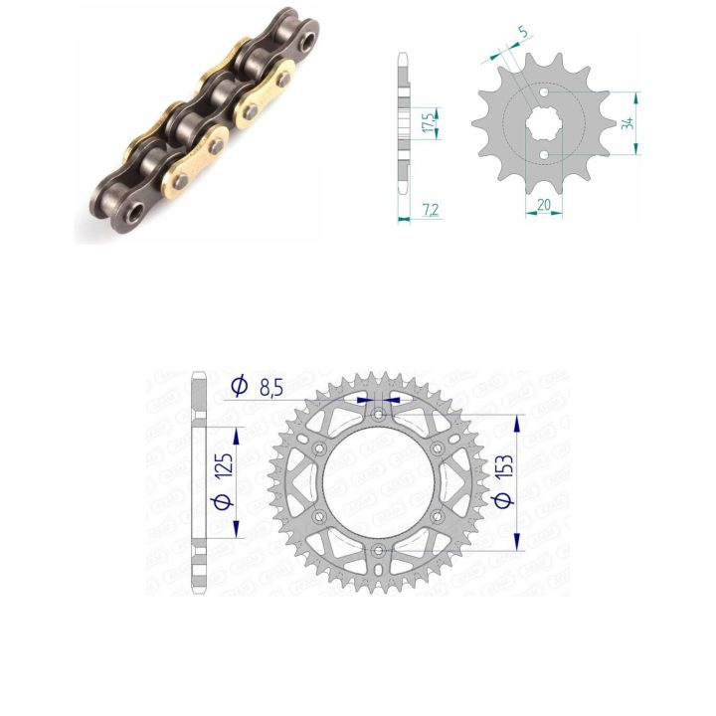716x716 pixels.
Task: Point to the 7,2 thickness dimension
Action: (x=431, y=210)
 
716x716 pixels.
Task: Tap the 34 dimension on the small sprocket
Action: (x=628, y=123)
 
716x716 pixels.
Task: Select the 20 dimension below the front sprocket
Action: (x=543, y=205)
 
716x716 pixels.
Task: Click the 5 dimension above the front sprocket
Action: (x=523, y=32)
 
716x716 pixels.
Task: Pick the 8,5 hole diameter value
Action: (x=271, y=388)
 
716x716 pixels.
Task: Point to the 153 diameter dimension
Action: (x=504, y=471)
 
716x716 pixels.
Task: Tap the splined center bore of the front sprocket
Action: (x=544, y=123)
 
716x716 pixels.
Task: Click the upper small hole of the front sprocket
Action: (x=544, y=92)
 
